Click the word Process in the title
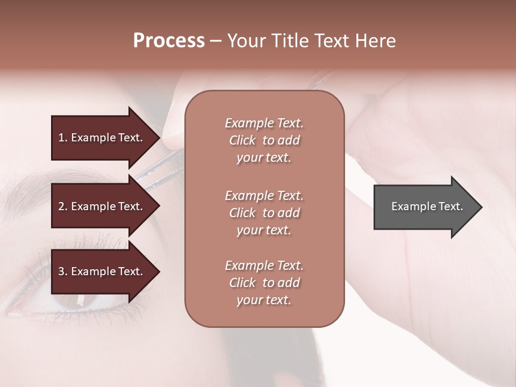[169, 41]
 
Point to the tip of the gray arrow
[481, 207]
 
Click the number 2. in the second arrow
[62, 206]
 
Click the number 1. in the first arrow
[62, 138]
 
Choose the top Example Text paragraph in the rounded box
[264, 140]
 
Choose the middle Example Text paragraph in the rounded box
[264, 213]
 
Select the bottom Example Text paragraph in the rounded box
[264, 283]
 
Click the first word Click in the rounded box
[242, 140]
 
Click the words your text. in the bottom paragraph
[264, 300]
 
